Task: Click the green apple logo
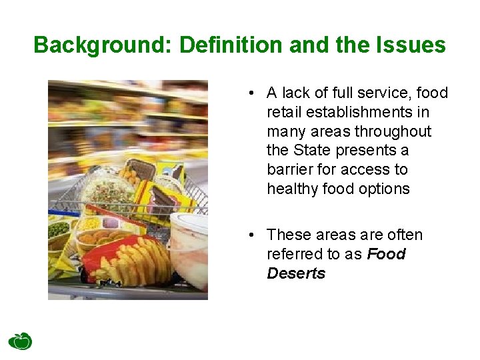tap(20, 341)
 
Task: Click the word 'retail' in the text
tap(285, 112)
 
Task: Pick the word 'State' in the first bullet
tap(315, 151)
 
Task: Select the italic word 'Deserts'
tap(296, 273)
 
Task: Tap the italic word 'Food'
tap(386, 254)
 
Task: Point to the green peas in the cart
tap(59, 229)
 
